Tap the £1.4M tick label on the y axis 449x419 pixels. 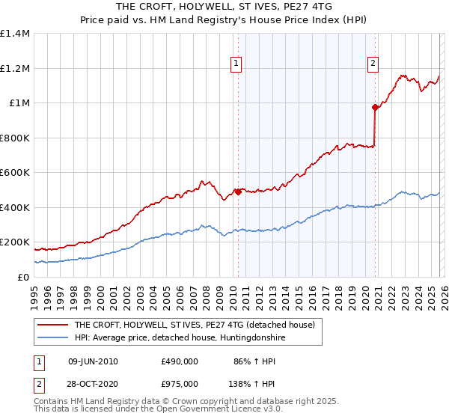tap(15, 34)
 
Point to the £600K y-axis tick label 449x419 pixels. tap(15, 173)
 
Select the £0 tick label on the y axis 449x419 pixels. tap(22, 277)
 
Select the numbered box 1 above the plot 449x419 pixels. tap(236, 64)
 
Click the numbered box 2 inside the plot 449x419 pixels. tap(373, 64)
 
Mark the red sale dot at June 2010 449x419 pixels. tap(238, 192)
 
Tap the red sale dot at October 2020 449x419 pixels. tap(375, 107)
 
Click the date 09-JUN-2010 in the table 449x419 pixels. tap(93, 361)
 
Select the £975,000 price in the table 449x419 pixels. tap(179, 383)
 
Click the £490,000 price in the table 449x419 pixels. tap(179, 361)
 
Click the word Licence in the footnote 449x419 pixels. tap(199, 411)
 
